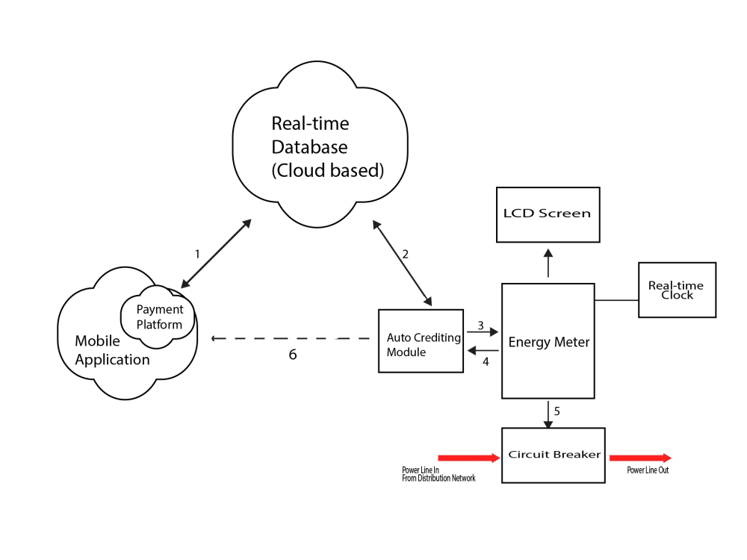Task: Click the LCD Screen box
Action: click(548, 214)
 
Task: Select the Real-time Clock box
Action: click(677, 290)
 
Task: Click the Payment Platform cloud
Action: click(159, 317)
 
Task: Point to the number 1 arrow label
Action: click(197, 254)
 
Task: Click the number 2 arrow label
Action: click(406, 254)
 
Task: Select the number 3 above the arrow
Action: click(481, 325)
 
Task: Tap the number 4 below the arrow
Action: click(486, 362)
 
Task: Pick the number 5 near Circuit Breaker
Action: click(557, 411)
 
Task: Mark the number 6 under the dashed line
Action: click(293, 355)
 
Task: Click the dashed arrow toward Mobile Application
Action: click(291, 338)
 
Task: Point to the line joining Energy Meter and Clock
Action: click(616, 300)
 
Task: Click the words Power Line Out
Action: click(648, 470)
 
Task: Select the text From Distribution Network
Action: click(438, 478)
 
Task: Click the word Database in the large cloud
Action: click(309, 146)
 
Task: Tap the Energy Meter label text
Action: click(549, 343)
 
